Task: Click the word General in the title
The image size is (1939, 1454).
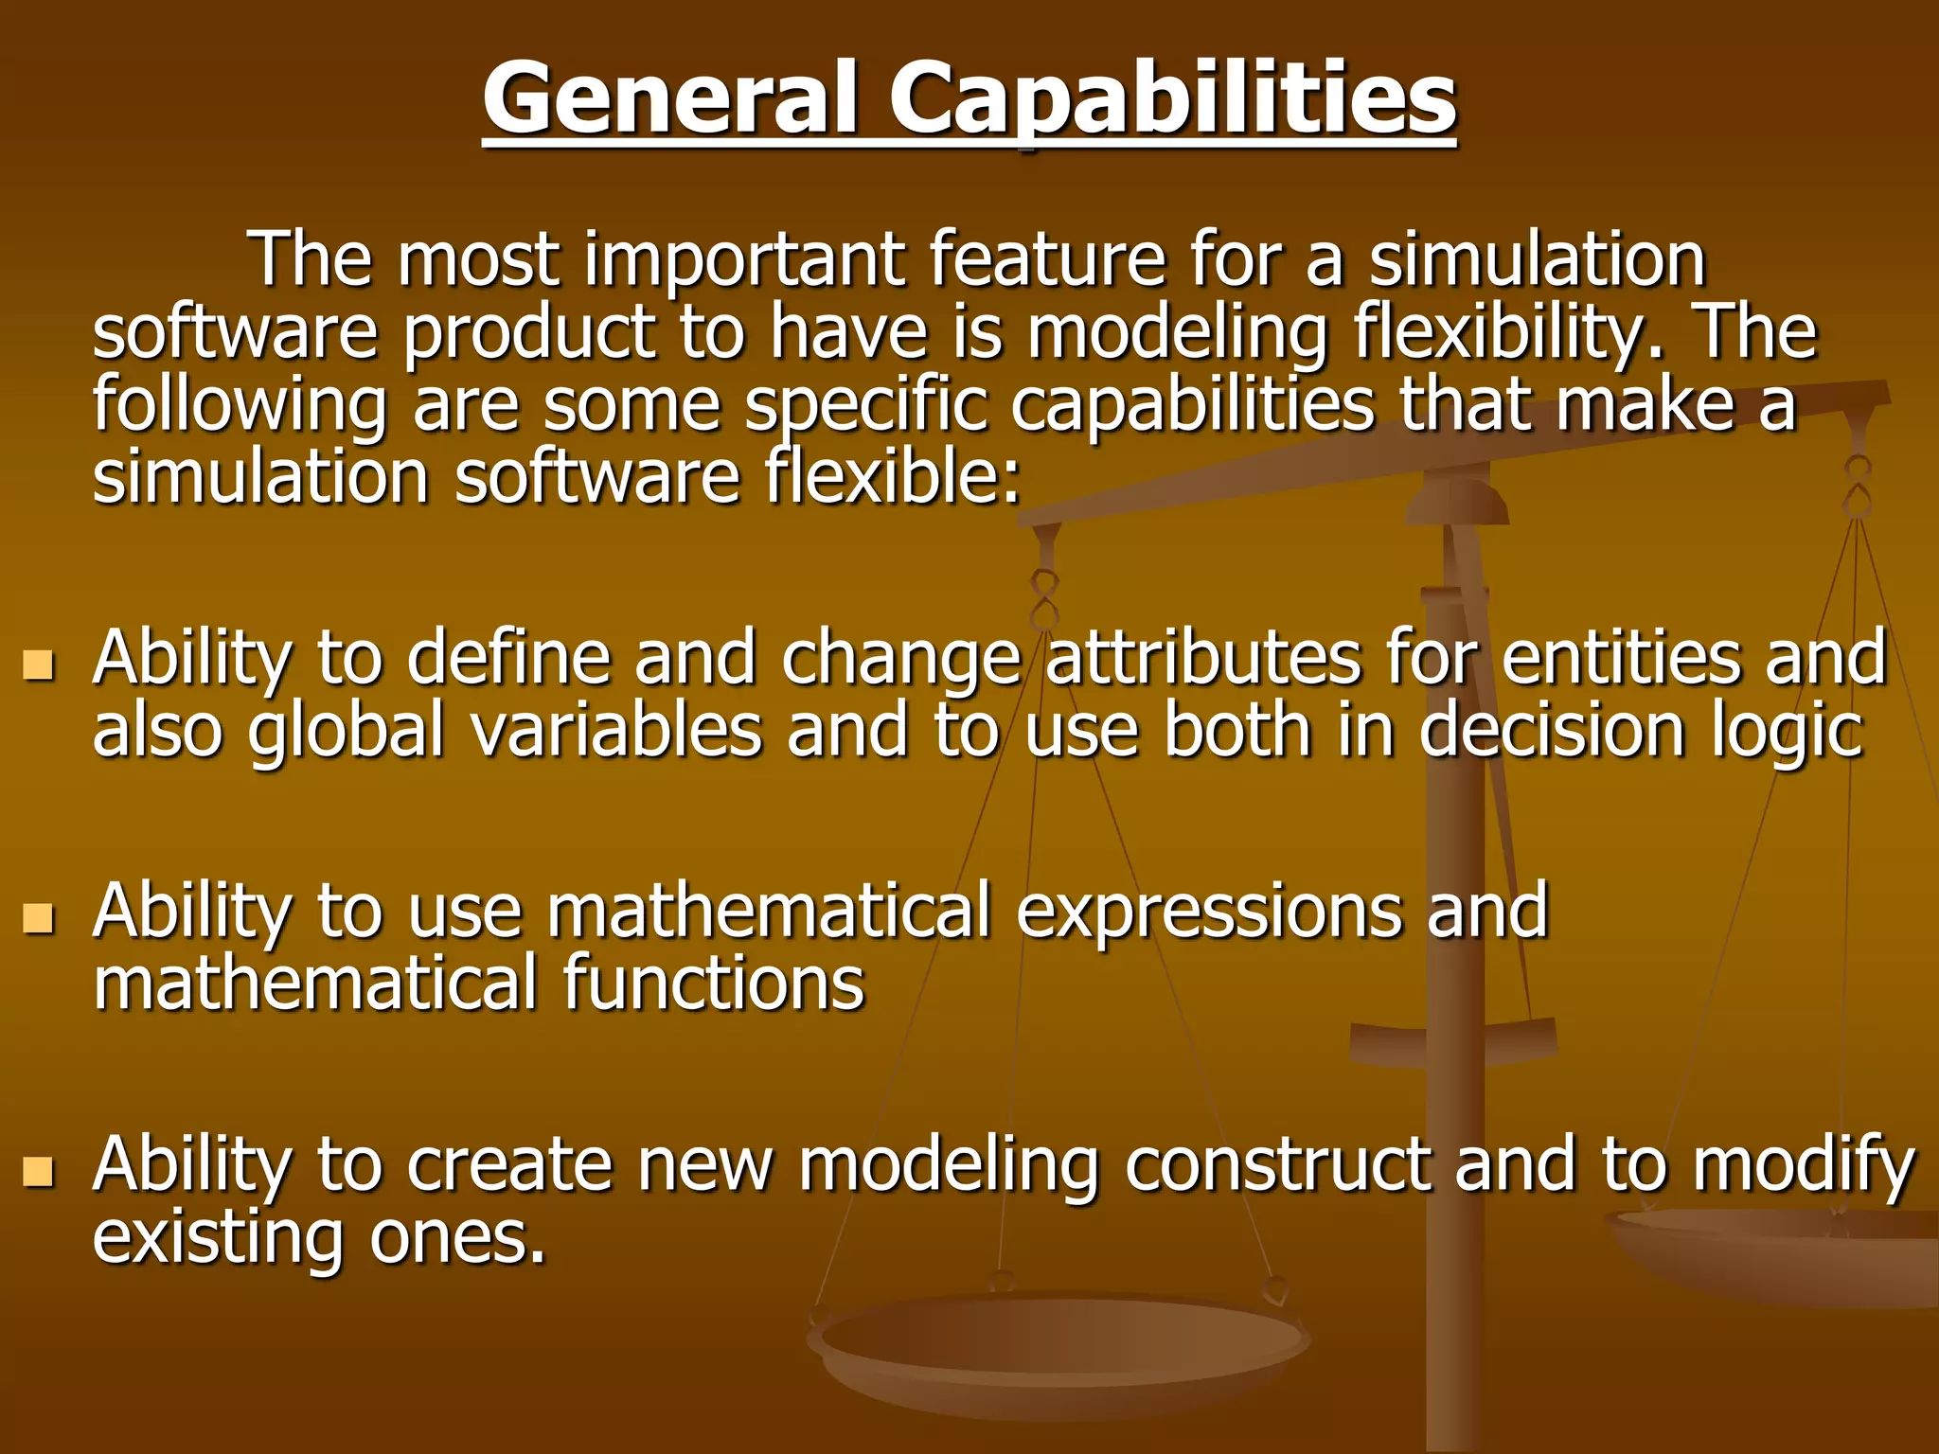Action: (x=669, y=98)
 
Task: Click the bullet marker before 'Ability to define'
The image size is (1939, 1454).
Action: (x=38, y=665)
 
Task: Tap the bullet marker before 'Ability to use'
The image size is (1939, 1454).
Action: (x=38, y=917)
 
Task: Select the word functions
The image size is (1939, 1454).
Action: (x=713, y=984)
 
